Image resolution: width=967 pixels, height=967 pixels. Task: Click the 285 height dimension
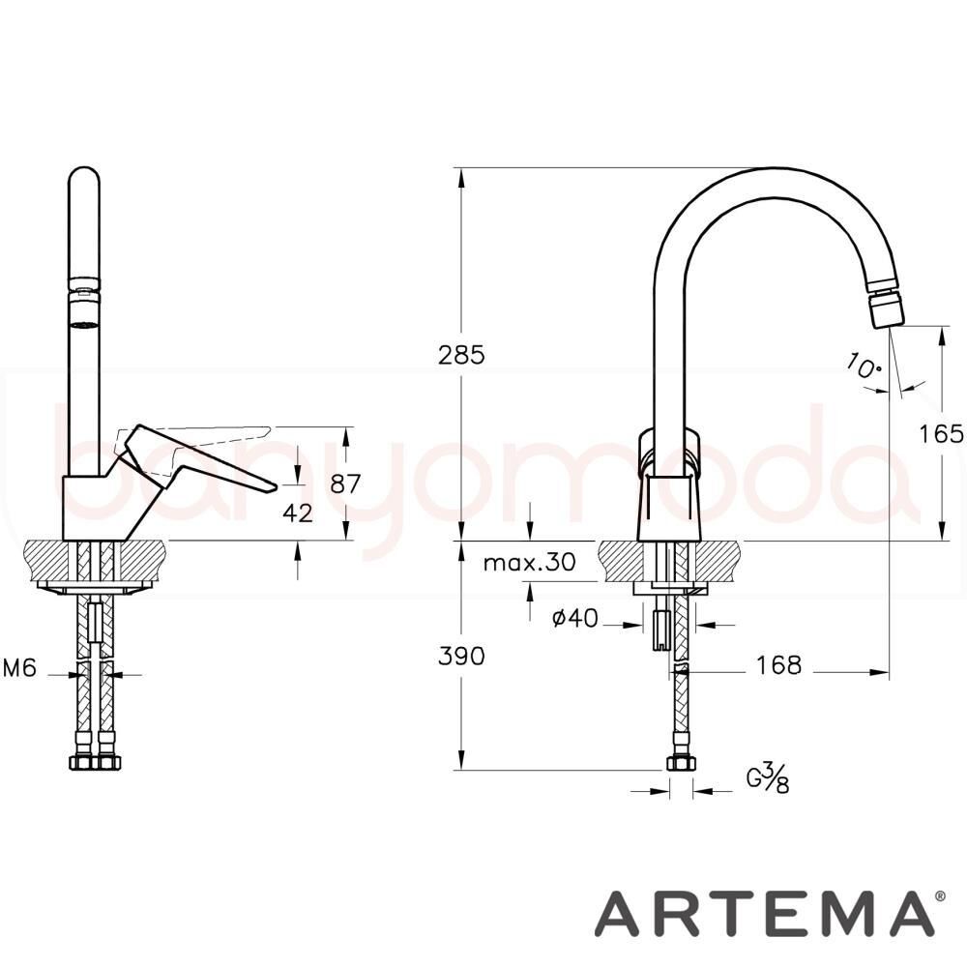pyautogui.click(x=461, y=355)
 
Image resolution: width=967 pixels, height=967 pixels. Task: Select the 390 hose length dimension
pyautogui.click(x=461, y=656)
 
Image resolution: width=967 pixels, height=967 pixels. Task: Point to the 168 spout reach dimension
pyautogui.click(x=779, y=665)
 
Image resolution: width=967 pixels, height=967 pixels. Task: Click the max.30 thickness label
pyautogui.click(x=529, y=562)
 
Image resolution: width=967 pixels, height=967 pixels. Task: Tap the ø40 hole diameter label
pyautogui.click(x=574, y=619)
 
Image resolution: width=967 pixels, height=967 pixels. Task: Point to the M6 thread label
pyautogui.click(x=20, y=667)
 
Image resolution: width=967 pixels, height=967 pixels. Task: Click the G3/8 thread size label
pyautogui.click(x=769, y=777)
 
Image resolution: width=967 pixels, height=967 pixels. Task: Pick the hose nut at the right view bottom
pyautogui.click(x=681, y=764)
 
